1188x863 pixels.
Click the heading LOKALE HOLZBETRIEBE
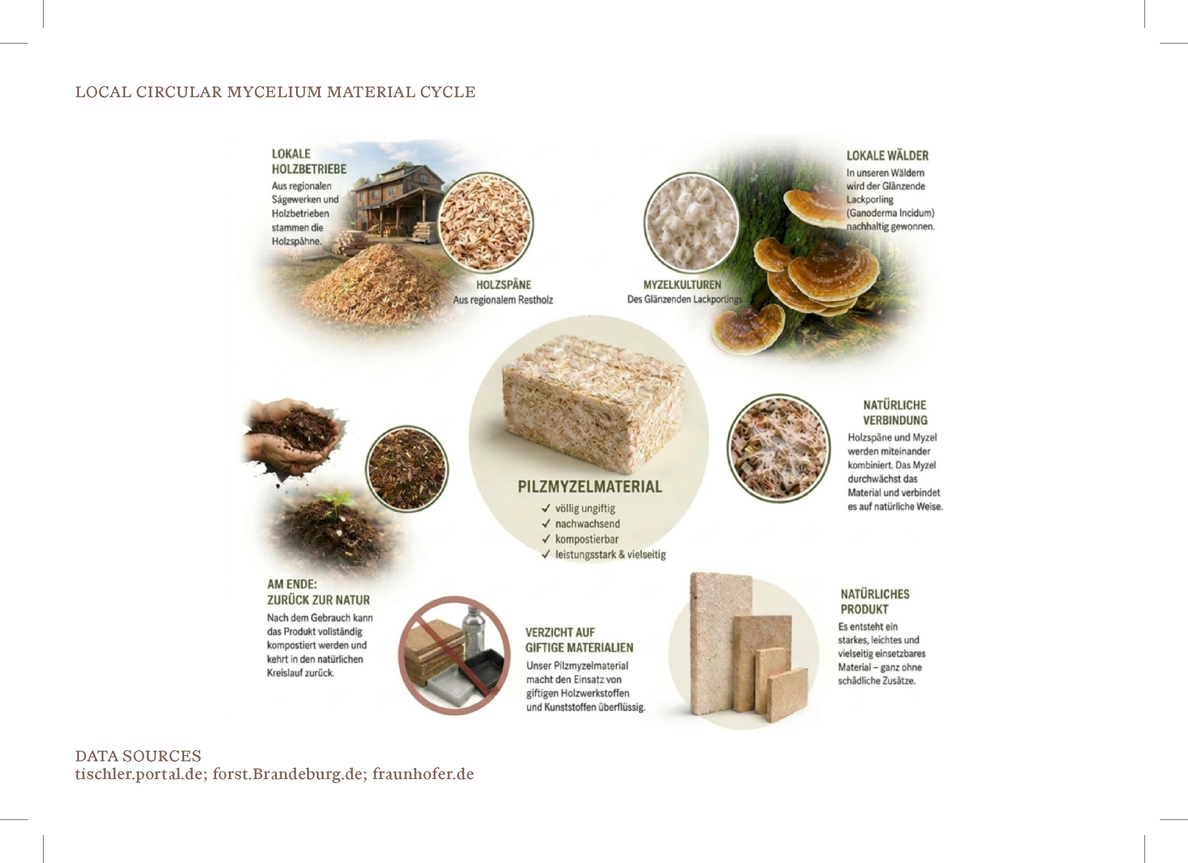309,162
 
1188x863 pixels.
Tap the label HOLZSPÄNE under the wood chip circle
503,285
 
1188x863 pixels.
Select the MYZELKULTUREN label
682,285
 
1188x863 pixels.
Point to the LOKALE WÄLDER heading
887,156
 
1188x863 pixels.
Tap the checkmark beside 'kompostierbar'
546,538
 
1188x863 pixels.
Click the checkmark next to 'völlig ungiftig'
546,508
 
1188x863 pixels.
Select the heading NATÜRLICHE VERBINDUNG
895,412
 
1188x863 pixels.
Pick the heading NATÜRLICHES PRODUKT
875,602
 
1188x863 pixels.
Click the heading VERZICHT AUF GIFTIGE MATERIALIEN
579,640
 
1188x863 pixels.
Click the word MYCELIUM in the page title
274,92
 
